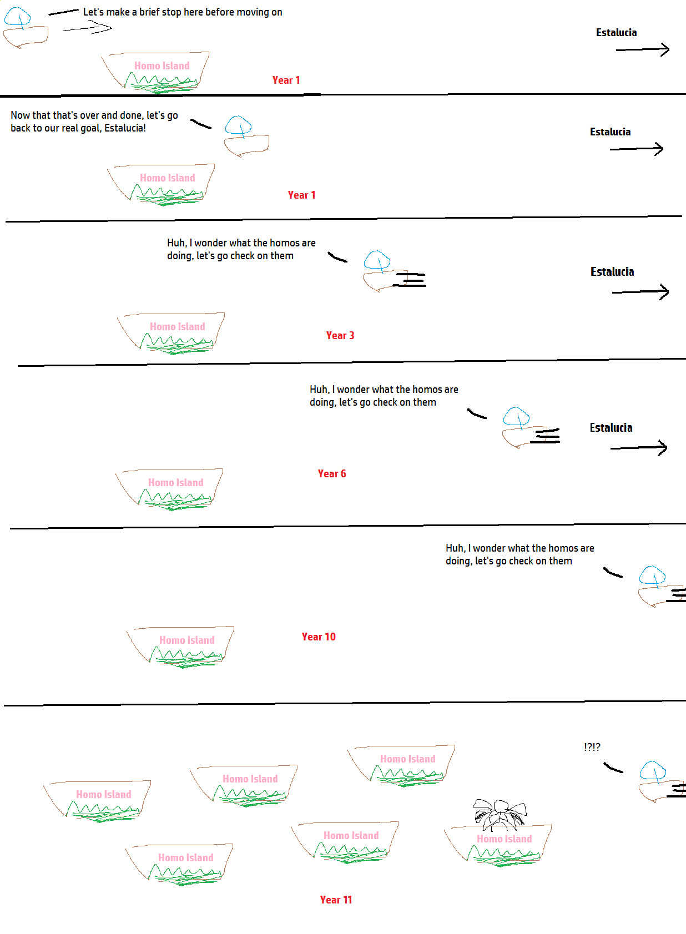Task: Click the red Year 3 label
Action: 340,335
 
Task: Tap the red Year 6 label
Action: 331,473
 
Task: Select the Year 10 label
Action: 319,637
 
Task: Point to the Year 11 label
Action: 336,900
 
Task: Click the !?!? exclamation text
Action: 592,747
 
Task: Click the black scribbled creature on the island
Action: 499,814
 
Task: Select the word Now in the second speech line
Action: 20,115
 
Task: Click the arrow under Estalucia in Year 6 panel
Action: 638,448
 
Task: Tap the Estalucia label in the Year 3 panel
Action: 612,272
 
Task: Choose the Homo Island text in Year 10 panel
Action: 186,640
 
